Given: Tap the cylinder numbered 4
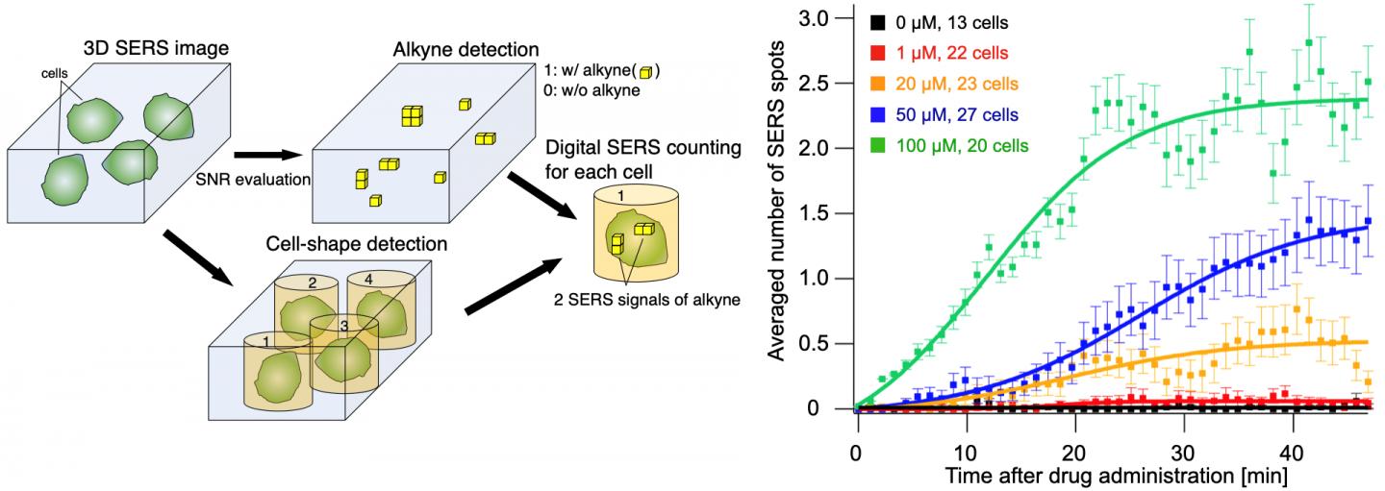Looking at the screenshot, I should coord(381,307).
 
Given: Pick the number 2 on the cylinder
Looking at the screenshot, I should coord(311,284).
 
